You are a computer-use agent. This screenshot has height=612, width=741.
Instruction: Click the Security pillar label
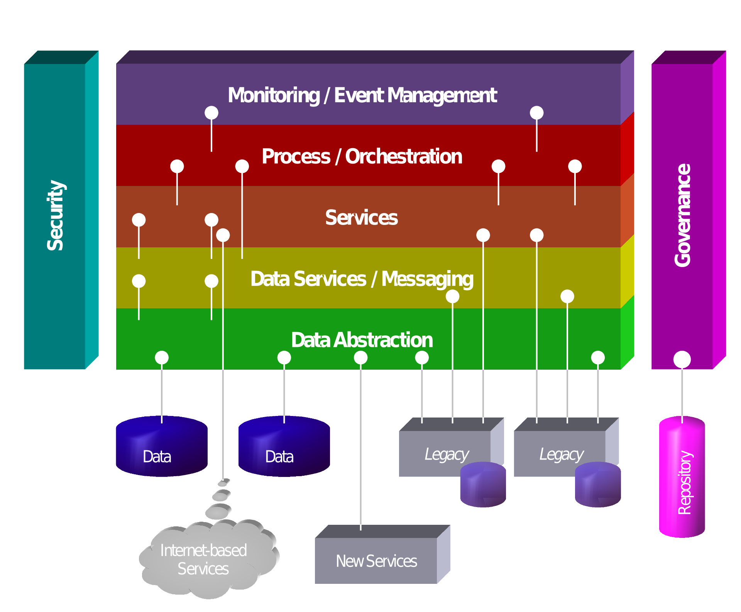55,215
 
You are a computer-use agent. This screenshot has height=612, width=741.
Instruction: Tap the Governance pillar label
682,215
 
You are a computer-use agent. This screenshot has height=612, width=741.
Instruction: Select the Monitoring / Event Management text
362,95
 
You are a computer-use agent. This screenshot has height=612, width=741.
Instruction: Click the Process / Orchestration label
362,157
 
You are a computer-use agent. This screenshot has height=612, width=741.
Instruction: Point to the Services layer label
361,218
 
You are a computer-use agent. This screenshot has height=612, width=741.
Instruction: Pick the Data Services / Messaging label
362,279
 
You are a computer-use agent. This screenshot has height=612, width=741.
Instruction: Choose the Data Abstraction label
362,340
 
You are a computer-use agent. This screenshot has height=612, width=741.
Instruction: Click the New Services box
376,561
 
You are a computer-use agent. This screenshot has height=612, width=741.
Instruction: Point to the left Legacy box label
447,454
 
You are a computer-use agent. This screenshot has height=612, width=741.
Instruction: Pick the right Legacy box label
561,454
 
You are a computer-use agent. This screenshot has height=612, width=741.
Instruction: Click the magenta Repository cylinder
682,478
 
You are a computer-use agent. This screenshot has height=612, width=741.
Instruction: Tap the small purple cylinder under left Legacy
483,485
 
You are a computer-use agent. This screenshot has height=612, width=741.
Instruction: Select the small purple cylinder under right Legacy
597,485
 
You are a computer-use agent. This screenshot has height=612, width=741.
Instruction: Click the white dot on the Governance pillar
682,359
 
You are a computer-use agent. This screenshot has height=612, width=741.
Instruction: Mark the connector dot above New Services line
360,358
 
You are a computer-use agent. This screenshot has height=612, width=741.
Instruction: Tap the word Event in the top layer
359,95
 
